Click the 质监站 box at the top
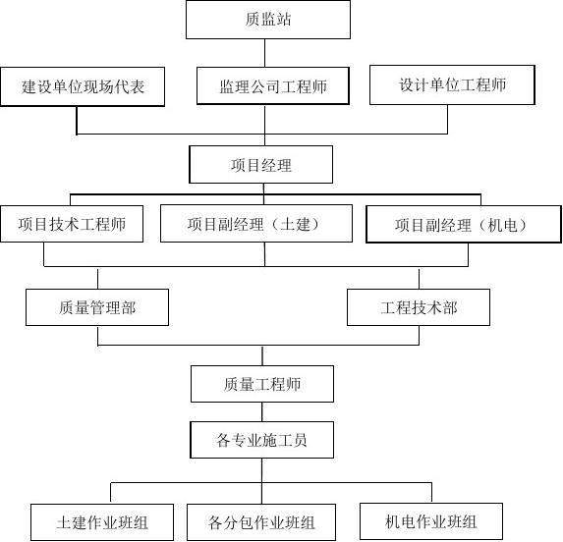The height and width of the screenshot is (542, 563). pyautogui.click(x=268, y=20)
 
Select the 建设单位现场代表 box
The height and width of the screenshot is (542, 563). pyautogui.click(x=83, y=86)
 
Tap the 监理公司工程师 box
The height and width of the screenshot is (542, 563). pyautogui.click(x=273, y=86)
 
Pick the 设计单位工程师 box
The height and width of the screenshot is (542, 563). pyautogui.click(x=452, y=85)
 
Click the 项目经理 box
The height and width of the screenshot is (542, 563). pyautogui.click(x=261, y=165)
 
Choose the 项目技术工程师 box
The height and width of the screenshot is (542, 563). pyautogui.click(x=72, y=224)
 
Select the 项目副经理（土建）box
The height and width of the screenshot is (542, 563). pyautogui.click(x=256, y=224)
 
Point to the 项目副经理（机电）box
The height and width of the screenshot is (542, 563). pyautogui.click(x=464, y=225)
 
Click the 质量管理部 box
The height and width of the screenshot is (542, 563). pyautogui.click(x=97, y=307)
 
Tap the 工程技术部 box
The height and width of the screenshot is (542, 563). pyautogui.click(x=419, y=307)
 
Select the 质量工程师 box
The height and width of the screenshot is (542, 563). pyautogui.click(x=262, y=384)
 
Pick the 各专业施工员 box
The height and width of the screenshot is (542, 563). pyautogui.click(x=261, y=440)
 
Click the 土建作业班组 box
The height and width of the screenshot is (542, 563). pyautogui.click(x=102, y=522)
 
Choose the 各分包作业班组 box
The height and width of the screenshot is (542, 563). pyautogui.click(x=261, y=522)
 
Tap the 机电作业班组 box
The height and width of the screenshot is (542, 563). pyautogui.click(x=431, y=521)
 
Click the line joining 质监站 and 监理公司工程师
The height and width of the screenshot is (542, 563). pyautogui.click(x=265, y=53)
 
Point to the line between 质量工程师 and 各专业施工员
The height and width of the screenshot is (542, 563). pyautogui.click(x=262, y=411)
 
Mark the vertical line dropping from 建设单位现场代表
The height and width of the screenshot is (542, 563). pyautogui.click(x=77, y=120)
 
